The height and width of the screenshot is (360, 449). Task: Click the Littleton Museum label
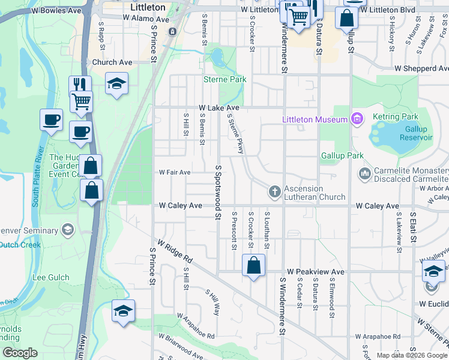[x=315, y=119]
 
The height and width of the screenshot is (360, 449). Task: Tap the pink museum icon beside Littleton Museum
[x=357, y=119]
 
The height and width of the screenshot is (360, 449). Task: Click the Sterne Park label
[x=225, y=79]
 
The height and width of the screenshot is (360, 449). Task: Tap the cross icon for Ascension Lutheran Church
[x=275, y=191]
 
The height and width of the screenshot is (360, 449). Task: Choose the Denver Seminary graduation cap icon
[x=68, y=230]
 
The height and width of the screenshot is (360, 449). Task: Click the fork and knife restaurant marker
[x=80, y=84]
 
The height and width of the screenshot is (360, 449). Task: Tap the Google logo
[x=20, y=353]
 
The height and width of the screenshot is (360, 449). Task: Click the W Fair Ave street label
[x=174, y=172]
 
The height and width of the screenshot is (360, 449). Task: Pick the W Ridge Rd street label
[x=175, y=252]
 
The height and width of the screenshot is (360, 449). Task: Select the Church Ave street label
[x=112, y=62]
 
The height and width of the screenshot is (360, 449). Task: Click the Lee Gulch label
[x=50, y=277]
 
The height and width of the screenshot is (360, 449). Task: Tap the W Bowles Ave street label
[x=58, y=11]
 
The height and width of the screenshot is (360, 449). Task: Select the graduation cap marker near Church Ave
[x=117, y=85]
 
